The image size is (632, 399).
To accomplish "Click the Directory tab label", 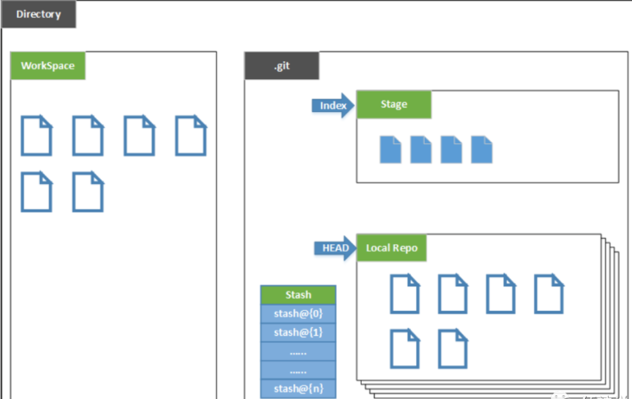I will click(38, 14).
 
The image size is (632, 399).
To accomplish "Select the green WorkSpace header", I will click(47, 67).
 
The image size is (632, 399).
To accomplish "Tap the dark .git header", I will click(281, 67).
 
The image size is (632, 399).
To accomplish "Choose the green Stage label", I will click(394, 105).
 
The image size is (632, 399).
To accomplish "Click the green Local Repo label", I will click(391, 248).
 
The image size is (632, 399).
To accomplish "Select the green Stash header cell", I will click(298, 295).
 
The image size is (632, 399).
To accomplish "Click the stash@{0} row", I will click(298, 314).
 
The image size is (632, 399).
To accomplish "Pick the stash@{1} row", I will click(298, 332).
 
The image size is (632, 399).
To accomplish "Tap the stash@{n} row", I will click(298, 388).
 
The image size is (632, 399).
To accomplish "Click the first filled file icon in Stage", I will click(391, 149).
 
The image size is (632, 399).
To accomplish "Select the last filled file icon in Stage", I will click(482, 149).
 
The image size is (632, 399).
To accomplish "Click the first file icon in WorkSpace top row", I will click(36, 136).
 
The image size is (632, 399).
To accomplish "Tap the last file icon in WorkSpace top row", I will click(190, 136).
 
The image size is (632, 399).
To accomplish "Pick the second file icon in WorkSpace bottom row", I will click(88, 192).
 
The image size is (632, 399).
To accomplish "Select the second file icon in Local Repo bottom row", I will click(453, 348).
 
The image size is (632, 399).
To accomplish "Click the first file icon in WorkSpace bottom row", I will click(36, 192).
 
